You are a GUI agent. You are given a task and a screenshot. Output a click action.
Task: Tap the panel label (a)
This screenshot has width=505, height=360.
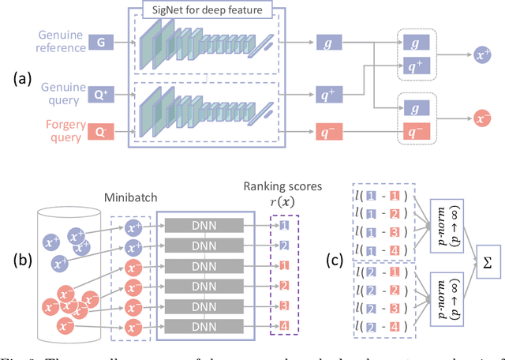23,81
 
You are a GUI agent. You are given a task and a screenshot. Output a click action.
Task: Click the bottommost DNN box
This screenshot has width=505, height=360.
200,325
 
